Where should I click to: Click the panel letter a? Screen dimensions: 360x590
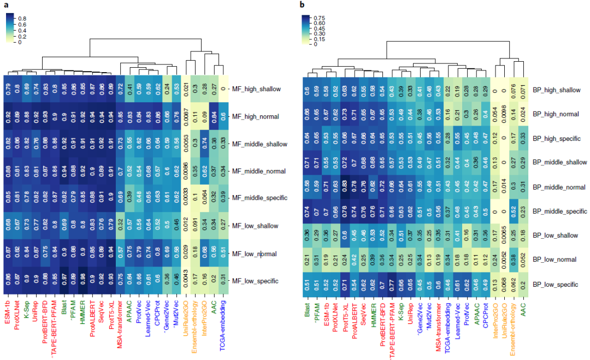point(4,4)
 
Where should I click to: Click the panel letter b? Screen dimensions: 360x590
point(301,5)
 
